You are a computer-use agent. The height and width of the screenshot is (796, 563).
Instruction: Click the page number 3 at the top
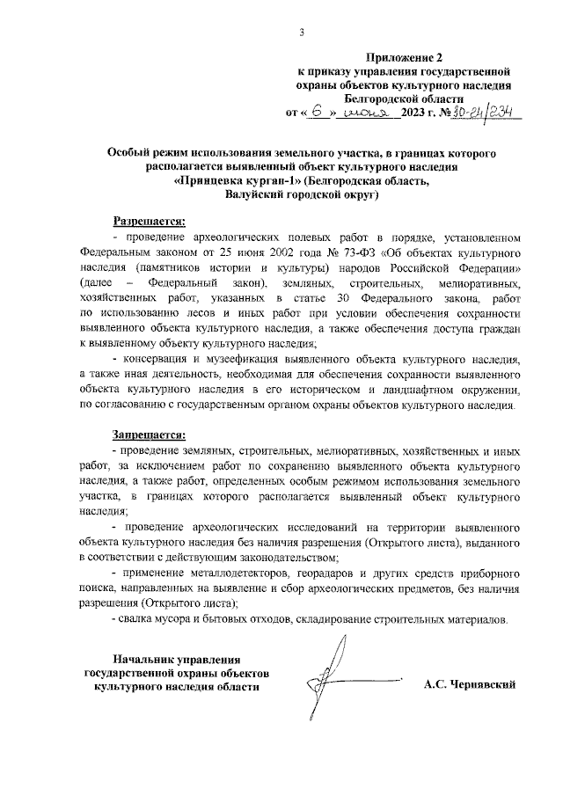pos(301,33)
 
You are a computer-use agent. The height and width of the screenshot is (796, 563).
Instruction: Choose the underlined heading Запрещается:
pos(149,435)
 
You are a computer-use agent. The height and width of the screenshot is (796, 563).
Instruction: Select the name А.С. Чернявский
pos(468,684)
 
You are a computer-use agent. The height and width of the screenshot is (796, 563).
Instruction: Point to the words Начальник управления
pos(172,659)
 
